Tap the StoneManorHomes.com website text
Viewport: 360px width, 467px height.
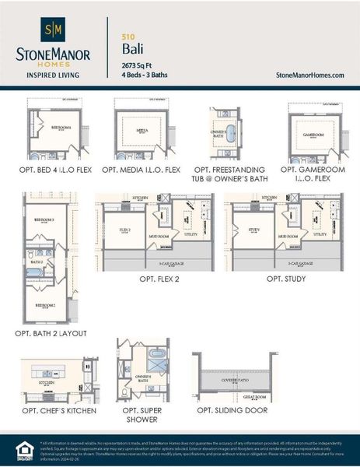point(309,75)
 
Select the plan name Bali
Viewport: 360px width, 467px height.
point(132,48)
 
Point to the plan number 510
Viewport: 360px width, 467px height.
point(128,36)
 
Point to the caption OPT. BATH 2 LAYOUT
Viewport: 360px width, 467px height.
point(51,333)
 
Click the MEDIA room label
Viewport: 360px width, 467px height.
point(142,132)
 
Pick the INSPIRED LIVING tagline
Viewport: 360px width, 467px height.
point(52,75)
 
